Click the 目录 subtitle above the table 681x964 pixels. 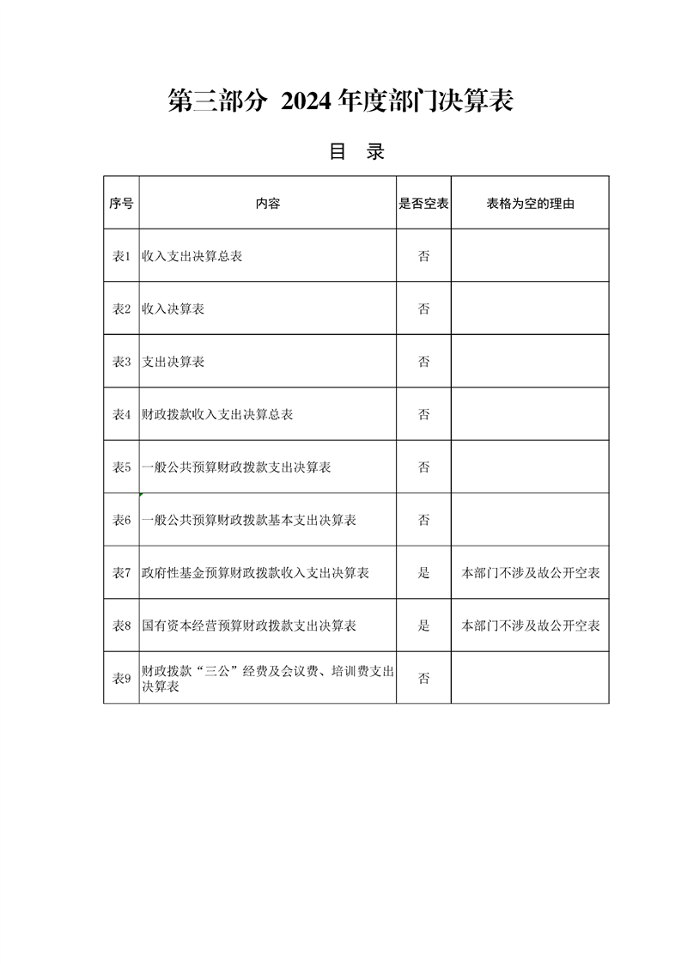(356, 153)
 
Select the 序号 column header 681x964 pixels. (121, 204)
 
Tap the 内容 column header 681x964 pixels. (267, 204)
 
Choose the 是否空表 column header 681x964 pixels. (423, 204)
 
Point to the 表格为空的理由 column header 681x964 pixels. (530, 204)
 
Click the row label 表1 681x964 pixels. (121, 256)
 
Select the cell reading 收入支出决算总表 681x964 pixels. (192, 256)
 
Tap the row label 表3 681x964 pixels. (121, 362)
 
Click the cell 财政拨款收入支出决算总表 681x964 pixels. (217, 414)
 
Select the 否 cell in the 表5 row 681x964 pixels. (423, 467)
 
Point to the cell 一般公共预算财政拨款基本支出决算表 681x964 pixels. (249, 520)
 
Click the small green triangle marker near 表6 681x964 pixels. (141, 496)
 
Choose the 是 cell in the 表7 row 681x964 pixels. (423, 572)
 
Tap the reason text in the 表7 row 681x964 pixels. (530, 572)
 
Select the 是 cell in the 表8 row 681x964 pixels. (423, 625)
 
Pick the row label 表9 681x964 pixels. (121, 678)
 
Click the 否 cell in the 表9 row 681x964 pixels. (423, 678)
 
